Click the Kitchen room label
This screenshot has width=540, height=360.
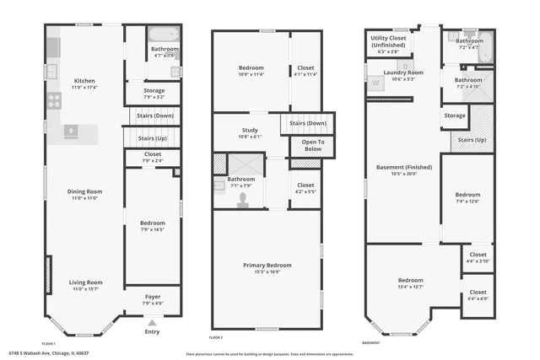pos(84,81)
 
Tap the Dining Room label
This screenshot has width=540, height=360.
pos(84,191)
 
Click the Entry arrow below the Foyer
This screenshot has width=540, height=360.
pos(152,322)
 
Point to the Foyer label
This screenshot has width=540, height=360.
pos(152,297)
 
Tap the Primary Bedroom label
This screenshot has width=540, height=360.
pos(267,266)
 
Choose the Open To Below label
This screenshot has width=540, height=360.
pos(307,146)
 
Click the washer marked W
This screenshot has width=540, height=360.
pos(375,83)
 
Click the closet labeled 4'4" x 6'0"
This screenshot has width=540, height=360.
pos(478,295)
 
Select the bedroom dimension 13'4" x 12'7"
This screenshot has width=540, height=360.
pos(410,287)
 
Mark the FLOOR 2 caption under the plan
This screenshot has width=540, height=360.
pos(216,337)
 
